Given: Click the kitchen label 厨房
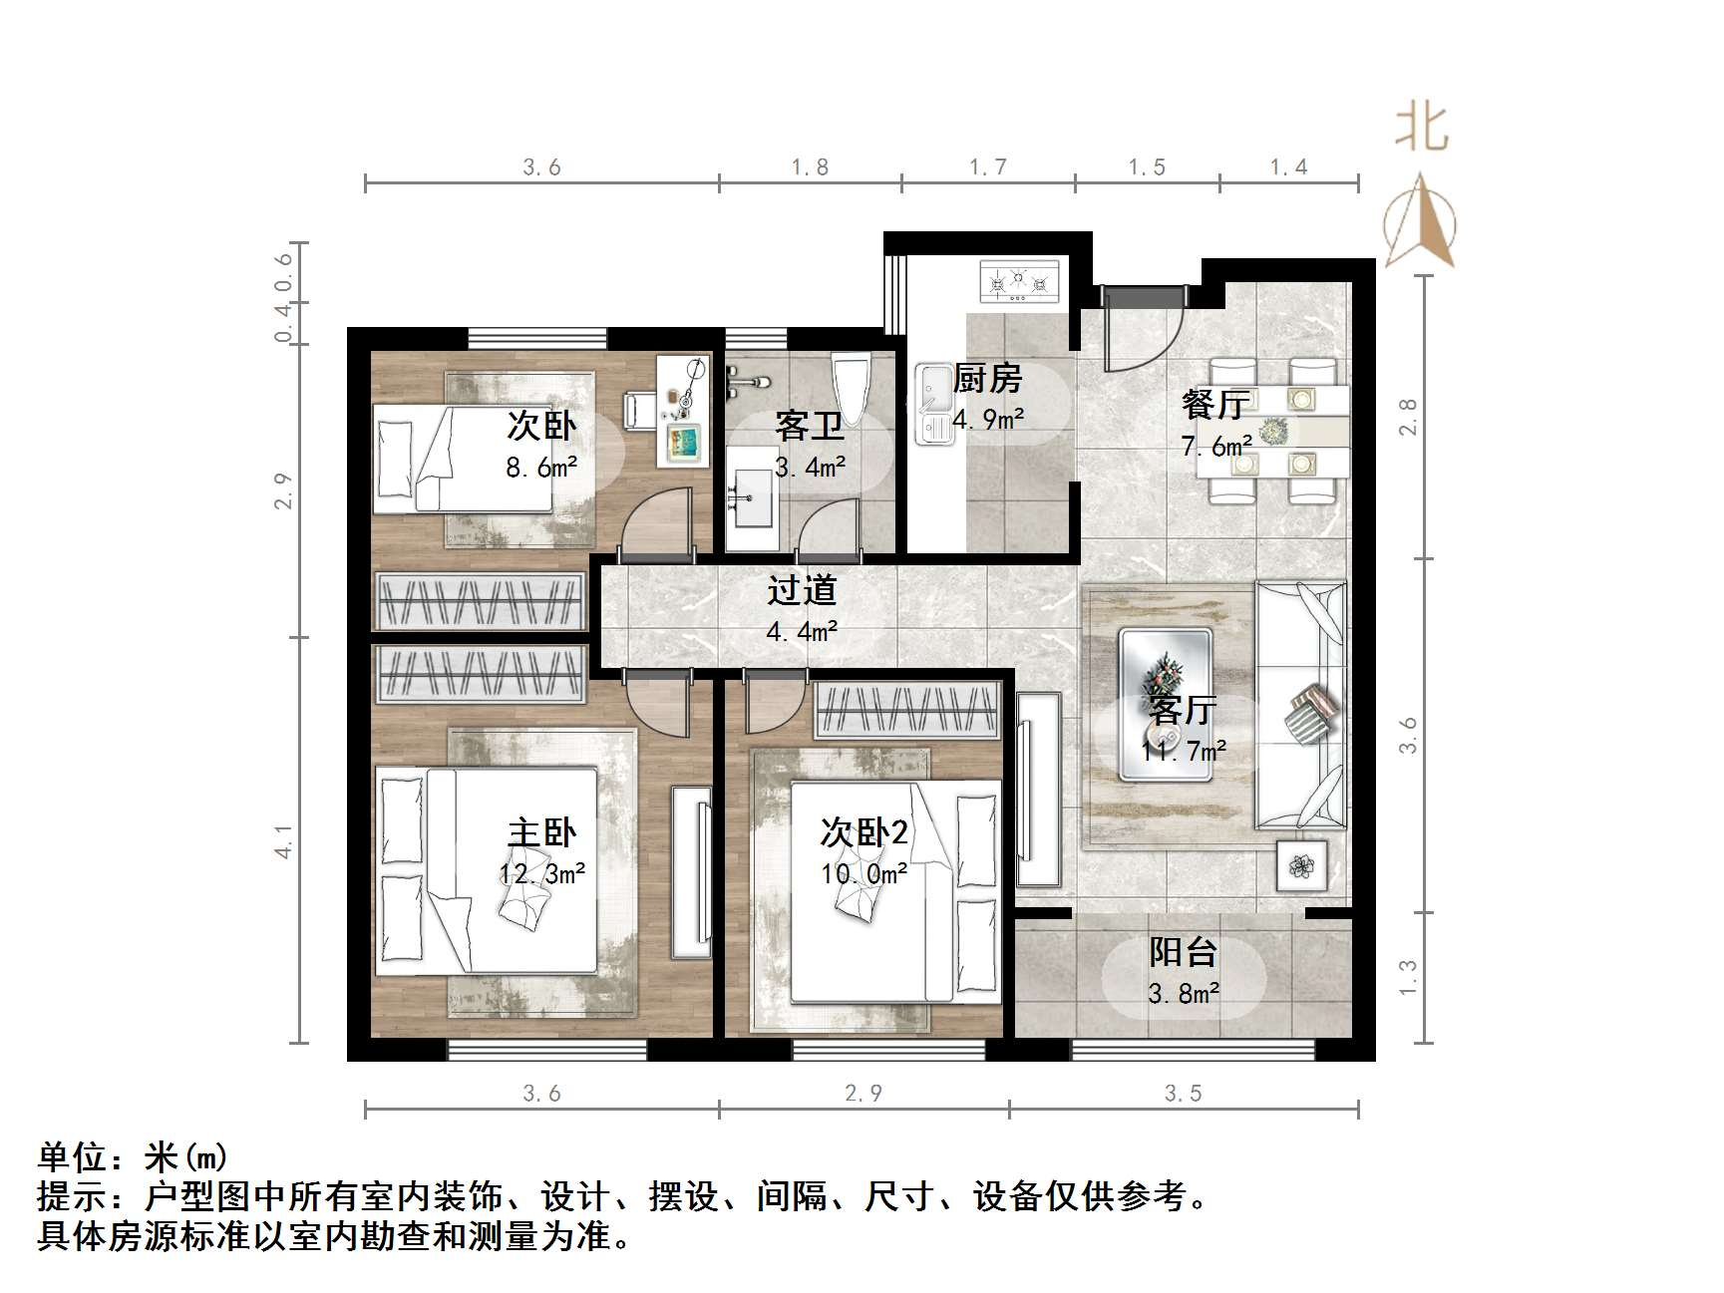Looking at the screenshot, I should click(987, 379).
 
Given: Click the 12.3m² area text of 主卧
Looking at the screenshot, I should click(541, 874).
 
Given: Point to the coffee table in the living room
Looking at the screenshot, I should click(1165, 703).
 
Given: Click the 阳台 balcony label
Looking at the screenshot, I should click(1183, 952).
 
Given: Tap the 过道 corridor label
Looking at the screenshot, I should click(801, 590).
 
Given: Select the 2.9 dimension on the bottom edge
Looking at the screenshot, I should click(863, 1094).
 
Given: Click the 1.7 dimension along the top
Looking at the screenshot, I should click(988, 167).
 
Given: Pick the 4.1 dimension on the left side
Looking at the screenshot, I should click(285, 840).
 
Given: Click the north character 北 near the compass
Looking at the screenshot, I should click(1421, 130).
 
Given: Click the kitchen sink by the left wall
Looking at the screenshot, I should click(933, 405).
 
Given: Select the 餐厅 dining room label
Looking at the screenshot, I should click(1214, 404).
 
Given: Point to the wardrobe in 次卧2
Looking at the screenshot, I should click(907, 710).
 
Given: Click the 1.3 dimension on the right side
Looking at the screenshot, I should click(1407, 977).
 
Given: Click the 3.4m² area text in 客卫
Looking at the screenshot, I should click(810, 466).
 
